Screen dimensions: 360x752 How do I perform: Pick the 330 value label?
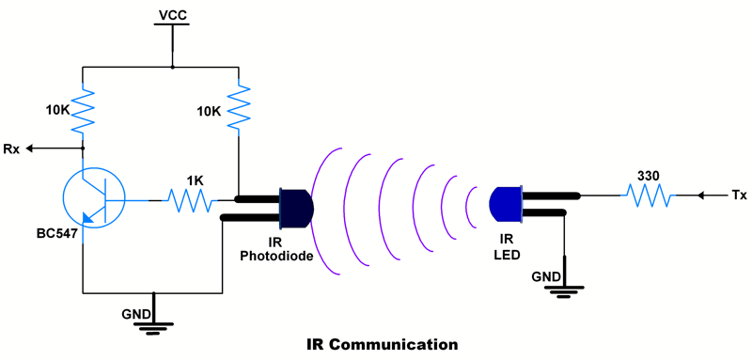[x=648, y=176]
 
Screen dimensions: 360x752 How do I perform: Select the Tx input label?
[x=739, y=196]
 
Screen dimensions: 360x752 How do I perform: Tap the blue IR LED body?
[x=506, y=204]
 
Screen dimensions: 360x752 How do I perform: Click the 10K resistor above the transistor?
[x=84, y=111]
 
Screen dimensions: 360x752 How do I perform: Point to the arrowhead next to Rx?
[x=31, y=149]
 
